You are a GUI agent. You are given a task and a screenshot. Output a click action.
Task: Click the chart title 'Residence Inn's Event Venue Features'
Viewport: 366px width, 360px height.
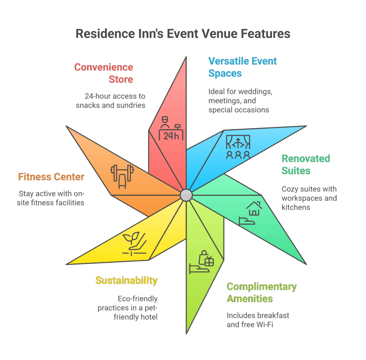click(x=183, y=34)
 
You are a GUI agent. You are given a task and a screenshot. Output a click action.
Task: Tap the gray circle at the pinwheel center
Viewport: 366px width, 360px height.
click(x=186, y=195)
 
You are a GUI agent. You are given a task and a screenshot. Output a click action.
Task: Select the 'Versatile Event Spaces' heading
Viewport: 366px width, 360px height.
click(x=242, y=67)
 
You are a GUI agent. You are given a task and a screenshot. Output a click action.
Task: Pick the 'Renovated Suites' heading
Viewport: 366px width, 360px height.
click(x=306, y=164)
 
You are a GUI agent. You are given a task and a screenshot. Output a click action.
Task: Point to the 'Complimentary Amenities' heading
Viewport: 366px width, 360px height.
click(x=262, y=292)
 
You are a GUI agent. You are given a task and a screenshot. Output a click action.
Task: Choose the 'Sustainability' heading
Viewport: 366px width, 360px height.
click(x=126, y=280)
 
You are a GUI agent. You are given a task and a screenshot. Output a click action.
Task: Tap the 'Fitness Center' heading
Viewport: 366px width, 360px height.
click(x=51, y=177)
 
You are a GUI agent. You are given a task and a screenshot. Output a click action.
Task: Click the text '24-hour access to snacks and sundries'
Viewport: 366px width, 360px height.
click(x=111, y=101)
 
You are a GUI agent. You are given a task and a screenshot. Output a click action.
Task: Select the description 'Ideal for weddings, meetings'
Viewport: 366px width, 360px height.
click(x=241, y=101)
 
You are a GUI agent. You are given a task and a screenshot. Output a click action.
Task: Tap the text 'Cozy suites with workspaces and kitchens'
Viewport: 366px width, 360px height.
click(x=309, y=198)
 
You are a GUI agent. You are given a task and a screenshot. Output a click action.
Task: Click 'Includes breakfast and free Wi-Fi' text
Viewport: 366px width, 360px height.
click(x=258, y=320)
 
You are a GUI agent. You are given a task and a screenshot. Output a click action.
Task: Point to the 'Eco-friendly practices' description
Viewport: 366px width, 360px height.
click(x=128, y=307)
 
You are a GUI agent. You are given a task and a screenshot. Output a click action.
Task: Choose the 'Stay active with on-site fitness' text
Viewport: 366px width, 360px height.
click(x=51, y=198)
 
